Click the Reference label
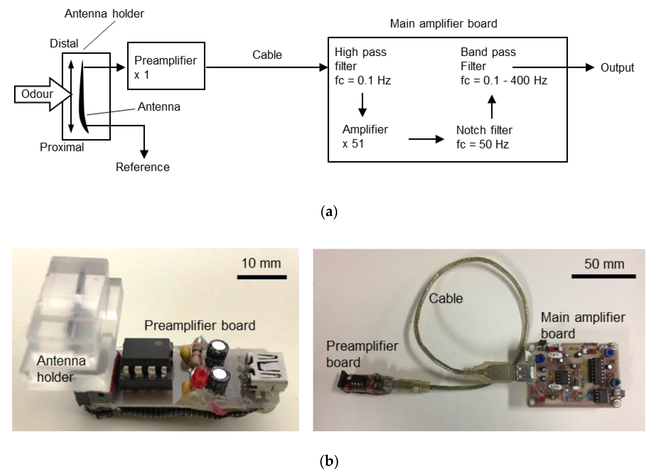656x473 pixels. (143, 167)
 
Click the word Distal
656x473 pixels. (64, 43)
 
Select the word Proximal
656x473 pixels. (62, 147)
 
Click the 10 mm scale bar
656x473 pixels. (262, 277)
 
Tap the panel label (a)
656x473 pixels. (329, 212)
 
